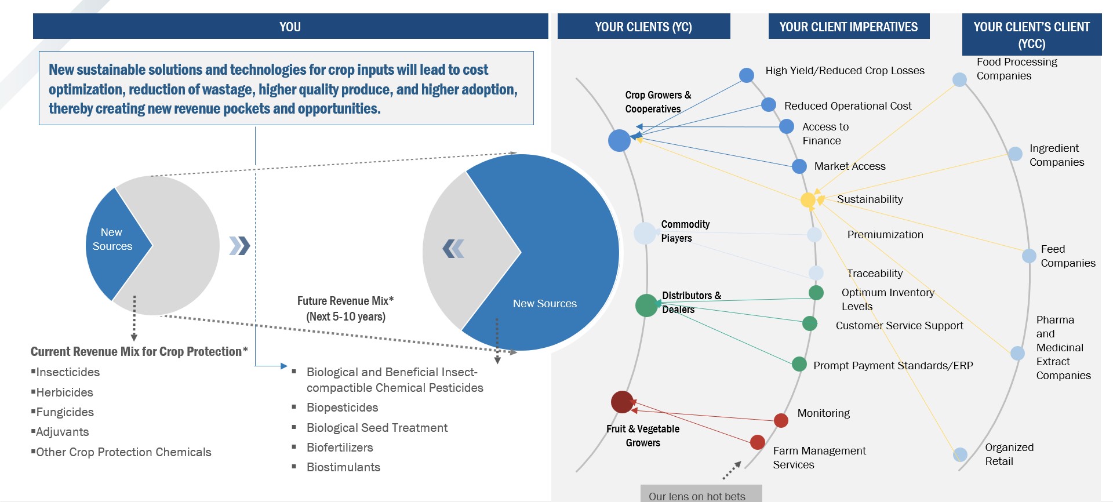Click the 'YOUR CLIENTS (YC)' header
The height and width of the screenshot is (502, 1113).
click(643, 27)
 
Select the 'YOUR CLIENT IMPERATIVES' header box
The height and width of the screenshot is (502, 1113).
click(849, 27)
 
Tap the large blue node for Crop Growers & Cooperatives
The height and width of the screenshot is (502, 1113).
click(619, 140)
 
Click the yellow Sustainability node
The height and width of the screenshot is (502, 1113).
click(808, 200)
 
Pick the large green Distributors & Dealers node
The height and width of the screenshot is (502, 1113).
click(646, 305)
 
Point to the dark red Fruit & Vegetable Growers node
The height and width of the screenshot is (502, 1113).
click(622, 402)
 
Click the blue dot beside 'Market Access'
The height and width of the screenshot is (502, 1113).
click(799, 166)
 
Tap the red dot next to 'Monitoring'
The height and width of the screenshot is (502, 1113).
click(781, 420)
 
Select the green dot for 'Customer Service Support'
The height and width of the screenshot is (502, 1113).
click(810, 323)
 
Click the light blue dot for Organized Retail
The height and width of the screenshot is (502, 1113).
click(960, 454)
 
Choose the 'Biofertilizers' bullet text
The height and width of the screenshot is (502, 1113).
click(340, 448)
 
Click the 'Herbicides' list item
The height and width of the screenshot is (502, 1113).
click(64, 392)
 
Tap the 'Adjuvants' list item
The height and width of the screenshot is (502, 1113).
click(62, 432)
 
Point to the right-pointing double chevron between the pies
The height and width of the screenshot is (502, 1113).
click(239, 246)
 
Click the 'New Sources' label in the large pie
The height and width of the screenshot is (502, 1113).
click(544, 304)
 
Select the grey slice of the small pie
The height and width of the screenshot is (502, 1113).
click(180, 243)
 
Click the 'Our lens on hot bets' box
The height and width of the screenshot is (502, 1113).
click(701, 494)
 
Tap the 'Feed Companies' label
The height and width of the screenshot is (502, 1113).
click(1068, 256)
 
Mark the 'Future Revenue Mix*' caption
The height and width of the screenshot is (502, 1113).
click(345, 301)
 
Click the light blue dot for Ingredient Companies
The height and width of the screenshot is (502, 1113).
click(1015, 154)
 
